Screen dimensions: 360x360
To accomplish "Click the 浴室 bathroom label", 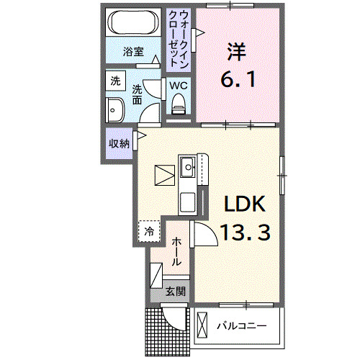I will [x=132, y=52].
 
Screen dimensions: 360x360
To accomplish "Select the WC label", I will [x=179, y=85].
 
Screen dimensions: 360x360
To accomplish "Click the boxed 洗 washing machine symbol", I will [x=115, y=82].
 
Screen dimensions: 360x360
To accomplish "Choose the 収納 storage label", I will [x=120, y=143].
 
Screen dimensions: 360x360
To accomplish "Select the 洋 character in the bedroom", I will [x=236, y=52].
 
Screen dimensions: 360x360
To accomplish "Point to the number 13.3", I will [x=245, y=232].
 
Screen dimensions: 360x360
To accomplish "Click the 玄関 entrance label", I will [x=174, y=292].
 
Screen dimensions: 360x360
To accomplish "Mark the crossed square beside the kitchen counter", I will [x=163, y=176].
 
